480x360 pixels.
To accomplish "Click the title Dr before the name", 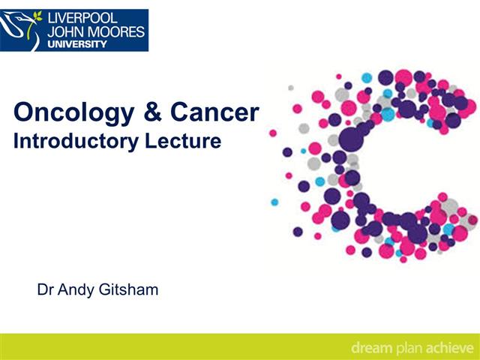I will click(x=45, y=289).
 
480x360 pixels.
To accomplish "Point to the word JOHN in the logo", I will click(x=66, y=31).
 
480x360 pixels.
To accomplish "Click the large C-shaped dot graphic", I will click(x=375, y=165).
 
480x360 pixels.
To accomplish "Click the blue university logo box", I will click(x=74, y=30).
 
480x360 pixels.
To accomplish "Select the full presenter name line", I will click(x=97, y=289).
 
